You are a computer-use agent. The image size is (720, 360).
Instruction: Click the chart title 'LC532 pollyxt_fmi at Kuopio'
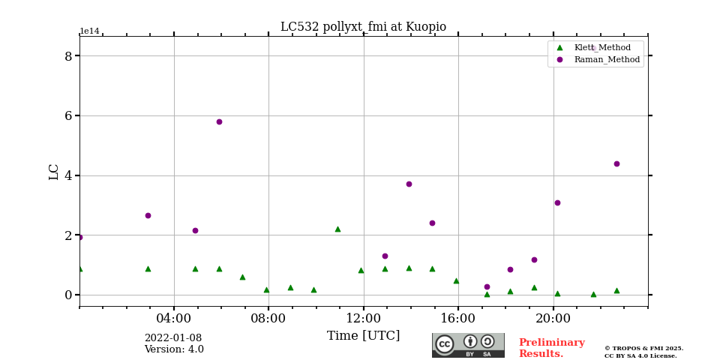point(363,27)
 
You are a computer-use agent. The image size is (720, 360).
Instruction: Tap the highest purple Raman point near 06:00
point(219,121)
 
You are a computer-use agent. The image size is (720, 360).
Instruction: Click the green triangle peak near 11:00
point(337,229)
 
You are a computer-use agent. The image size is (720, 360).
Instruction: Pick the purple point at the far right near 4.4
point(616,163)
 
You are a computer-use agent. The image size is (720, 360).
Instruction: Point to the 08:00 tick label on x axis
point(268,318)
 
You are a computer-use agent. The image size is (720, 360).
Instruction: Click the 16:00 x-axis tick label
point(458,318)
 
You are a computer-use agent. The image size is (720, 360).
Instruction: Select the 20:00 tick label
point(553,318)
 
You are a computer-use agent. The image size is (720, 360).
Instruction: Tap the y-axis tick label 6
point(68,115)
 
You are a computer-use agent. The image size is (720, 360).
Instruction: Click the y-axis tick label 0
point(68,295)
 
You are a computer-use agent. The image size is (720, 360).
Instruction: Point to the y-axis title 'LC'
point(54,172)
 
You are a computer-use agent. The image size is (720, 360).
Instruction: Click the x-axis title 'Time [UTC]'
point(363,336)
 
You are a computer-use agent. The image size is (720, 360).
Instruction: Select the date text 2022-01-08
point(173,338)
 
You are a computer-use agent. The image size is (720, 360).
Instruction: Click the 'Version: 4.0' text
point(174,349)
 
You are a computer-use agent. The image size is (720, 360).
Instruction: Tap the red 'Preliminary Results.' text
point(551,348)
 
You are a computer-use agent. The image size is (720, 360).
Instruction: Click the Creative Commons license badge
point(468,345)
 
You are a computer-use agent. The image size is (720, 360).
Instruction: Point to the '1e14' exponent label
point(89,31)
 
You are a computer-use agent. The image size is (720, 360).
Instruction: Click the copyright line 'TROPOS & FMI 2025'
point(643,349)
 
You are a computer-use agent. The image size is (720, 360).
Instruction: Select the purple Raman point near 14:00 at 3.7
point(409,184)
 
